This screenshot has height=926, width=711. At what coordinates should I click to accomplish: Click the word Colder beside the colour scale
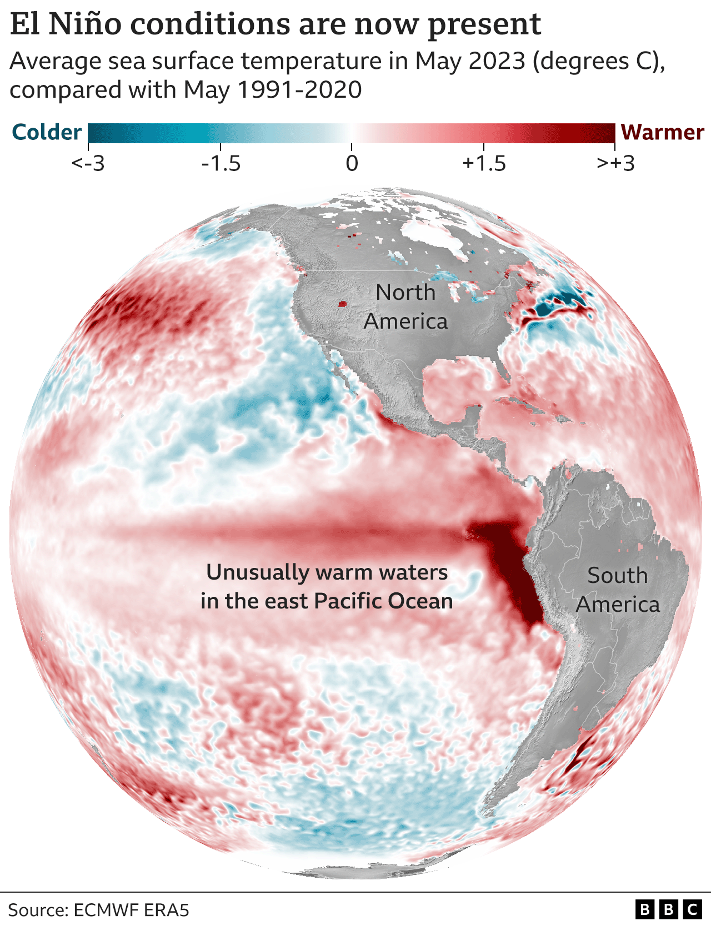pos(47,133)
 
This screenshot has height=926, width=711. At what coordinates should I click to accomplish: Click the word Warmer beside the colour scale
pos(662,133)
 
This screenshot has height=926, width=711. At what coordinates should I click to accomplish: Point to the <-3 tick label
pos(88,164)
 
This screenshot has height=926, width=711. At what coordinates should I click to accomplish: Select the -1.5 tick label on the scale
pos(221,164)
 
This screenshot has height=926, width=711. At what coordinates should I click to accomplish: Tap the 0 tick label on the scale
pos(352,164)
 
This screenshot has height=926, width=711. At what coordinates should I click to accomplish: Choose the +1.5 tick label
pos(484,164)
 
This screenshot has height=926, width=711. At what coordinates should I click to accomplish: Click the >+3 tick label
pos(615,164)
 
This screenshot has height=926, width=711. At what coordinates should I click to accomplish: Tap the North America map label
pos(405,307)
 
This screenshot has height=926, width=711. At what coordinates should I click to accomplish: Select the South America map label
pos(618,590)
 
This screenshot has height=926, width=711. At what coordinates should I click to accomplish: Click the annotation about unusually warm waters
pos(327,587)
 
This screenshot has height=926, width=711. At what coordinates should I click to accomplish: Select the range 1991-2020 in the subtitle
pos(300,90)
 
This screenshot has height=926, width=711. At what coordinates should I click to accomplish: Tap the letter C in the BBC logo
pos(692,909)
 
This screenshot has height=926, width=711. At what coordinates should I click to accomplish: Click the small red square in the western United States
pos(342,304)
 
